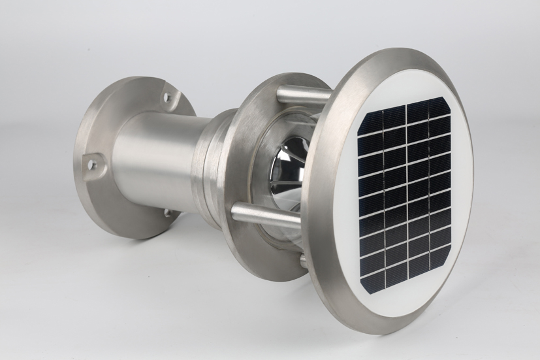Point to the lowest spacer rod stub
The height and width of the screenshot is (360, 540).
303,261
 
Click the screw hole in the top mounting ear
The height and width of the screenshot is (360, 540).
167,98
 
